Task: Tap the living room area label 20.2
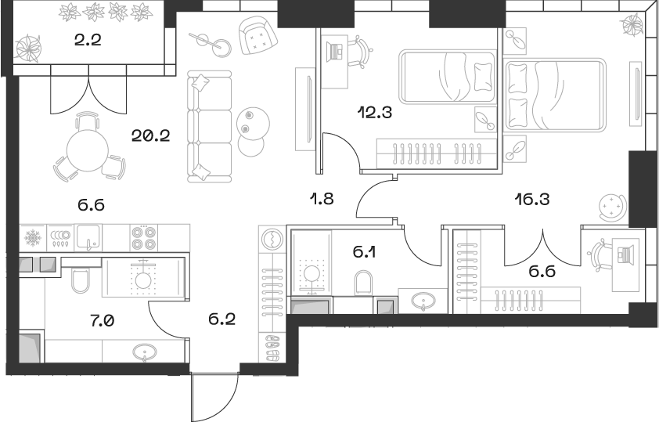(152, 134)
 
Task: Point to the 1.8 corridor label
(322, 199)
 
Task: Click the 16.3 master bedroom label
(533, 199)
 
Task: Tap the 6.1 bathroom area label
(363, 252)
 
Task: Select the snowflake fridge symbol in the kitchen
(33, 236)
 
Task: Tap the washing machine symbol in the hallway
(272, 238)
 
